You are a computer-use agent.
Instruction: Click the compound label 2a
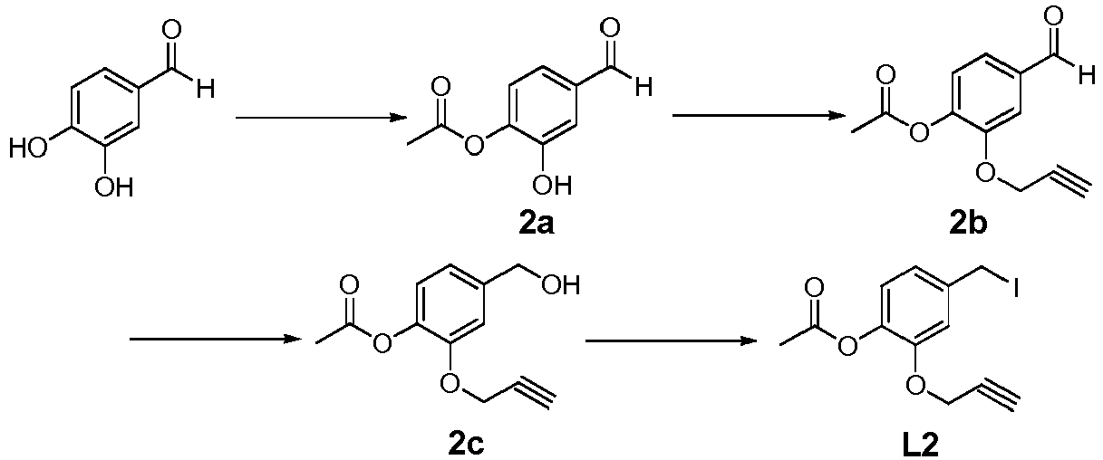pyautogui.click(x=537, y=225)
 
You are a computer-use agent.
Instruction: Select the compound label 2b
pyautogui.click(x=969, y=225)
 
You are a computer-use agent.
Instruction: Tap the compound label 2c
pyautogui.click(x=466, y=446)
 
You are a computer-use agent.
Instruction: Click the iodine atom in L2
pyautogui.click(x=1015, y=289)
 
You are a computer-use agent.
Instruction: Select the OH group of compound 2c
pyautogui.click(x=560, y=285)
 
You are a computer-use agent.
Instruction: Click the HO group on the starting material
pyautogui.click(x=29, y=148)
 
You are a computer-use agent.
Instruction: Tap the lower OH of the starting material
pyautogui.click(x=114, y=187)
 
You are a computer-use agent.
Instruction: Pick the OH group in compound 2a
pyautogui.click(x=552, y=185)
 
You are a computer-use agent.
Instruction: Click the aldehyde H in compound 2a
pyautogui.click(x=643, y=88)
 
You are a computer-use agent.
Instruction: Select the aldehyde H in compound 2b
pyautogui.click(x=1087, y=76)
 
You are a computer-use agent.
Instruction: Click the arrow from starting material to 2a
pyautogui.click(x=322, y=118)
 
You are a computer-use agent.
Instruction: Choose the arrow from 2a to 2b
pyautogui.click(x=759, y=116)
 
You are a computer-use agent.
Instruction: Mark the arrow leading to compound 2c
pyautogui.click(x=216, y=340)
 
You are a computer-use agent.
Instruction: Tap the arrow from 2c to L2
pyautogui.click(x=672, y=340)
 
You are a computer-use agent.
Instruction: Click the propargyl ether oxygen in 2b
pyautogui.click(x=986, y=173)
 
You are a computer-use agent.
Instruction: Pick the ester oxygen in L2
pyautogui.click(x=847, y=345)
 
